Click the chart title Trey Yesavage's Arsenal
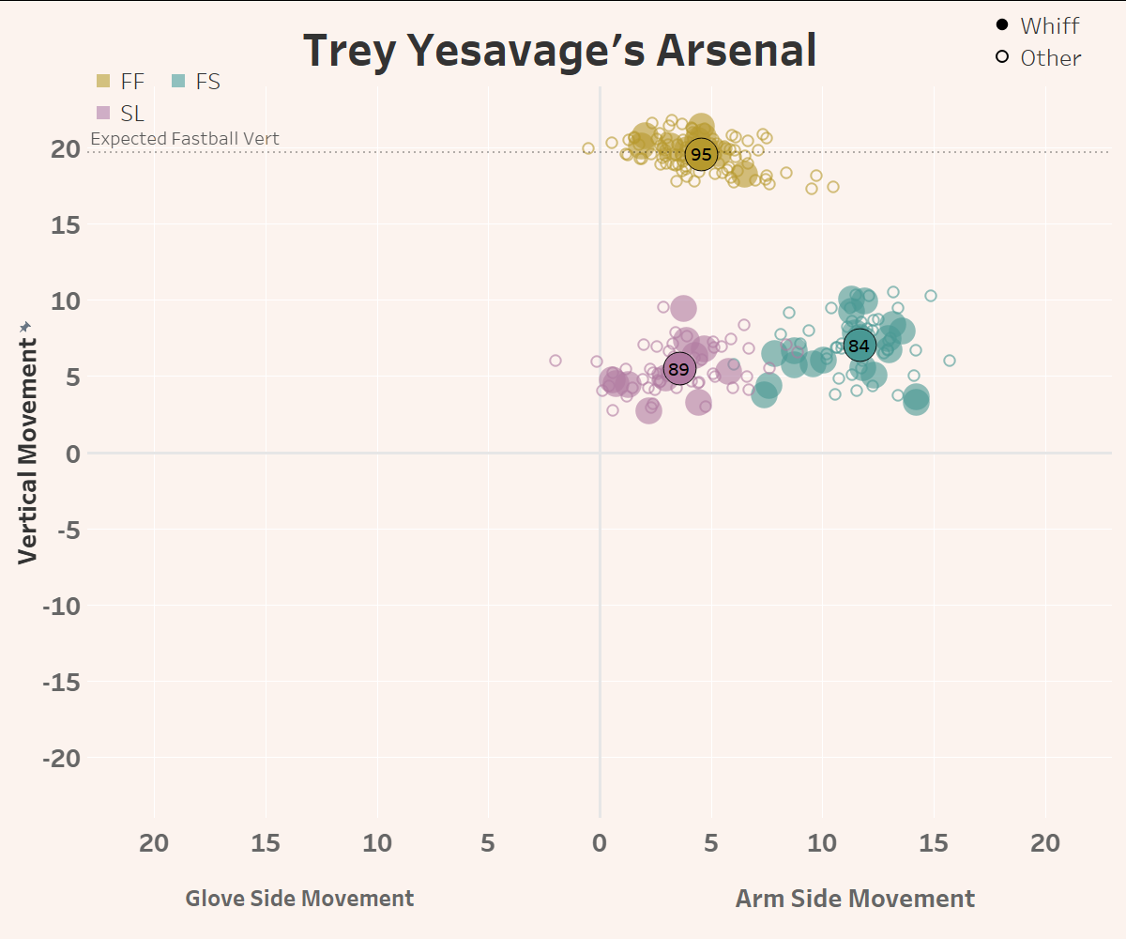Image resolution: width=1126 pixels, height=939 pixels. point(560,51)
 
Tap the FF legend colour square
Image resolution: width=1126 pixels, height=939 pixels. point(103,82)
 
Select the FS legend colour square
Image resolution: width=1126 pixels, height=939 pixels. point(178,82)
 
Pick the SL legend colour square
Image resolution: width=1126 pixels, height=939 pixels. point(103,114)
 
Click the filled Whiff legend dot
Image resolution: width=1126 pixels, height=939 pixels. point(1002,25)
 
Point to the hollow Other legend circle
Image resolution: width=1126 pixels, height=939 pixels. point(1002,57)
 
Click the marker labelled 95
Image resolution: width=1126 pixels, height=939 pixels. point(701,154)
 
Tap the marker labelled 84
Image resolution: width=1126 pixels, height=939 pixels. point(859,346)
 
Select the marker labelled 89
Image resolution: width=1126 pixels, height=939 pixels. point(678,369)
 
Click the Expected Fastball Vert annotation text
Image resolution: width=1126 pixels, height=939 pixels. point(185,139)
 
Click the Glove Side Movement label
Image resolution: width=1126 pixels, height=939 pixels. point(299,899)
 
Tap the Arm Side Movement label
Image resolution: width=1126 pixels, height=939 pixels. point(855,899)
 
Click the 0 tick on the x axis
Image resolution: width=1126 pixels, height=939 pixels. point(600,843)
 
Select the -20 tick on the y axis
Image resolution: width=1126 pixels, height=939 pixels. point(63,758)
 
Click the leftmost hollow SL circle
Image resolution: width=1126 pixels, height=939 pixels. point(555,361)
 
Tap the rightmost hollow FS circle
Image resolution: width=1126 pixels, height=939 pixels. point(950,361)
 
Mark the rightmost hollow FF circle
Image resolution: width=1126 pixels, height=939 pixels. point(832,187)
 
